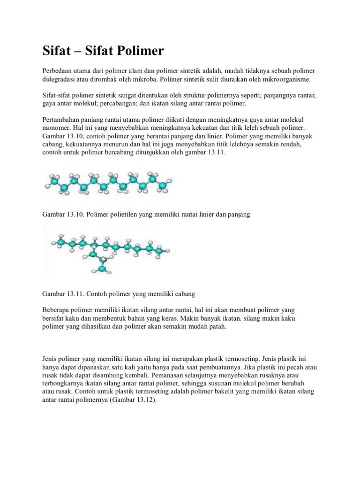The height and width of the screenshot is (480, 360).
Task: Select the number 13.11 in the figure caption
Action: tap(76, 294)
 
